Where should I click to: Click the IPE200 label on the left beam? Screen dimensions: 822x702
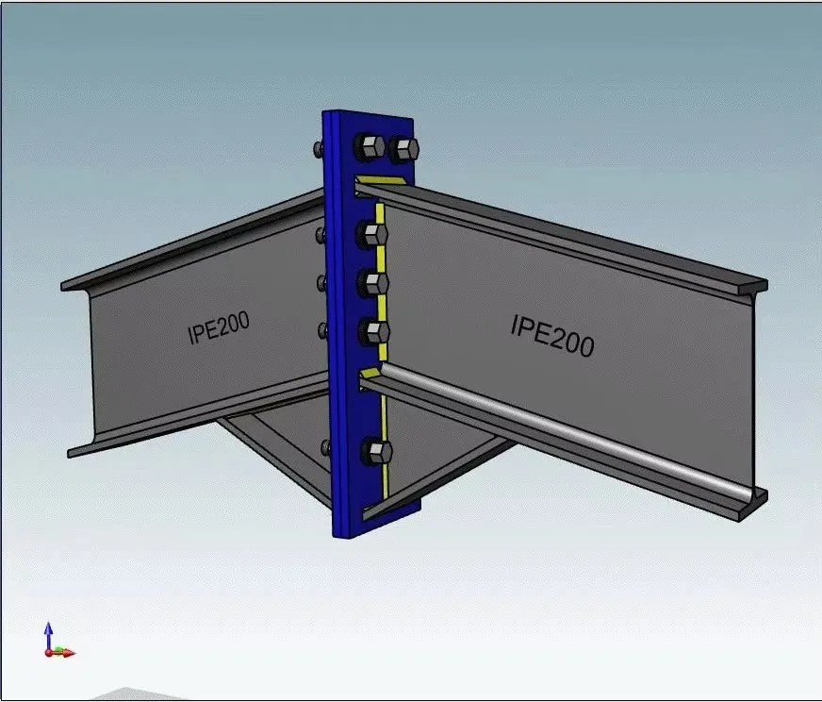pyautogui.click(x=219, y=328)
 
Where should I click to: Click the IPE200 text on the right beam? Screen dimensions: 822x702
pyautogui.click(x=552, y=336)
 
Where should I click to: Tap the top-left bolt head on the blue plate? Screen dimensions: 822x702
pyautogui.click(x=369, y=147)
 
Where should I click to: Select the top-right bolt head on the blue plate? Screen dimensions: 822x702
pyautogui.click(x=404, y=149)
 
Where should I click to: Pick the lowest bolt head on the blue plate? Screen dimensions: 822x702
pyautogui.click(x=376, y=452)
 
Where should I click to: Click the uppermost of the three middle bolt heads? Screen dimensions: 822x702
pyautogui.click(x=372, y=233)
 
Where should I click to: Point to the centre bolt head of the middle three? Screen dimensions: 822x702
pyautogui.click(x=374, y=283)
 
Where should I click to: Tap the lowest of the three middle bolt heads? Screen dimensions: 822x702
pyautogui.click(x=375, y=332)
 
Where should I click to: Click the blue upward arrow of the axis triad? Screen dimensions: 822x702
pyautogui.click(x=48, y=636)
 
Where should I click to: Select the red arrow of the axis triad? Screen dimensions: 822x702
pyautogui.click(x=62, y=653)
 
